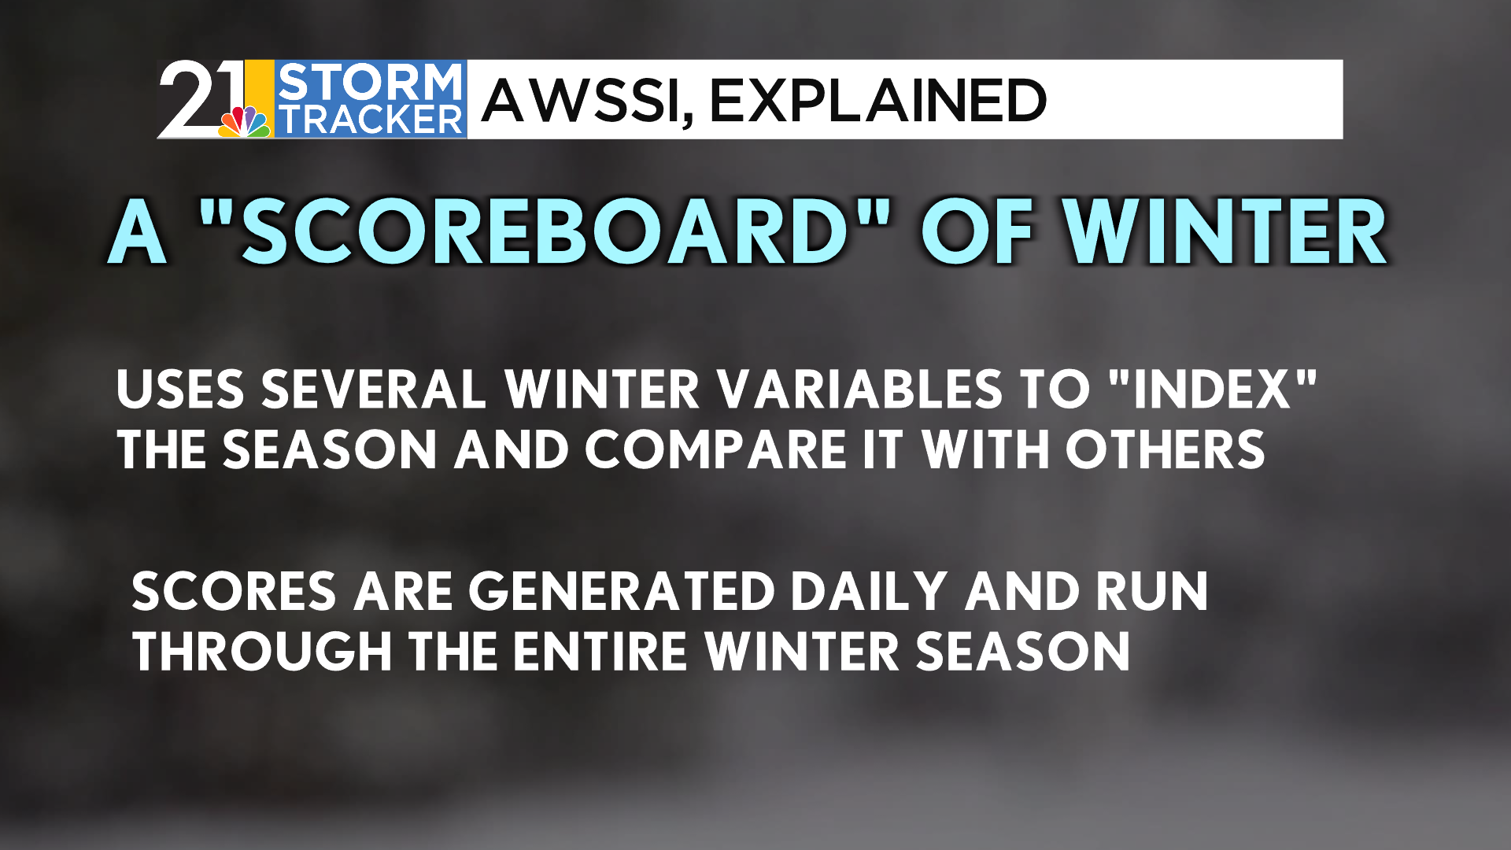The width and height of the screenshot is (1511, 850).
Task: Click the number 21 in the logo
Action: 201,98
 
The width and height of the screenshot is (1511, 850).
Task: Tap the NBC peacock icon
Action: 246,121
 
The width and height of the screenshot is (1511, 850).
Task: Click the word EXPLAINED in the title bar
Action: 878,101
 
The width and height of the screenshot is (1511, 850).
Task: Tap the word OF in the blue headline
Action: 977,231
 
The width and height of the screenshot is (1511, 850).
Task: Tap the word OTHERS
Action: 1165,449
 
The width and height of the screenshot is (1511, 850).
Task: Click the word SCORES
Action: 234,591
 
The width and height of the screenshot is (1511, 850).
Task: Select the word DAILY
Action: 869,591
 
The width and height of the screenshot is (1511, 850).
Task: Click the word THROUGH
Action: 262,652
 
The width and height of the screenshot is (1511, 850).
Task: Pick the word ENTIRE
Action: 600,652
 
